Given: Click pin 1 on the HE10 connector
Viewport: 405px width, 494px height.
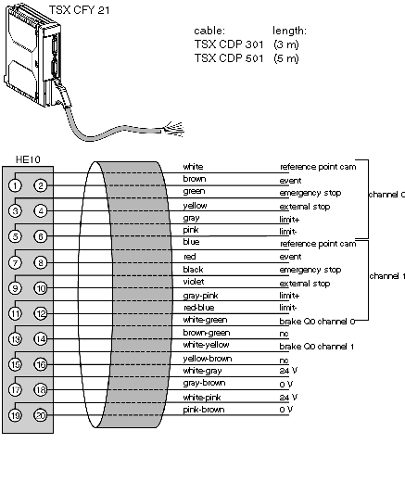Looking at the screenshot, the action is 15,185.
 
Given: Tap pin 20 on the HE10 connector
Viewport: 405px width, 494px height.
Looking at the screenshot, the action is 41,415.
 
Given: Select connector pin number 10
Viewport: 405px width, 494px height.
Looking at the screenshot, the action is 41,288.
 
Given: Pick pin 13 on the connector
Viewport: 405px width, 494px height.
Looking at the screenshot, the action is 15,339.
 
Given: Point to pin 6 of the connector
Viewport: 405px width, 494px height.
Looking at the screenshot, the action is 41,236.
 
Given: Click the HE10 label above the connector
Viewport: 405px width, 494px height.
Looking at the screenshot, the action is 28,159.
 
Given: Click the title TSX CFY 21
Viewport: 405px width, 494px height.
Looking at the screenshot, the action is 79,10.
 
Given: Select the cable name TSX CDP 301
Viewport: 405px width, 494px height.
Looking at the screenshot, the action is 229,44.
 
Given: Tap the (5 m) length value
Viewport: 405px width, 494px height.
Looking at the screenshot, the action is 286,58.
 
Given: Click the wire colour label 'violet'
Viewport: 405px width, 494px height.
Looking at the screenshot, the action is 194,282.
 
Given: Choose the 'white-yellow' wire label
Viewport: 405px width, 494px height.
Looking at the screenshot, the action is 206,345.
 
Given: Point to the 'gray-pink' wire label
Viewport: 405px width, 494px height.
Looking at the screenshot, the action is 200,296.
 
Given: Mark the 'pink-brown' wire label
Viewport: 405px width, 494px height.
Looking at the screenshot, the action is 204,410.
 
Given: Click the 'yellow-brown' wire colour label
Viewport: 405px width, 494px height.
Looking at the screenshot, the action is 208,359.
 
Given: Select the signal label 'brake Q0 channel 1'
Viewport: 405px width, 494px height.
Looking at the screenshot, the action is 317,347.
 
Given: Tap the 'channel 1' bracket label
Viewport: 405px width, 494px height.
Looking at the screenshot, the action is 386,276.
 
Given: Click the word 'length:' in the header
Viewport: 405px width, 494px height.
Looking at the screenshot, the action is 289,31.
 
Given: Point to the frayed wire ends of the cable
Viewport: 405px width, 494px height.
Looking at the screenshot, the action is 173,130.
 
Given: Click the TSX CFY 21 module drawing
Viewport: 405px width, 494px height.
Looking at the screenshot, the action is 33,57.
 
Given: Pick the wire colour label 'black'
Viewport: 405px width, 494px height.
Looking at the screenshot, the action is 193,270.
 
